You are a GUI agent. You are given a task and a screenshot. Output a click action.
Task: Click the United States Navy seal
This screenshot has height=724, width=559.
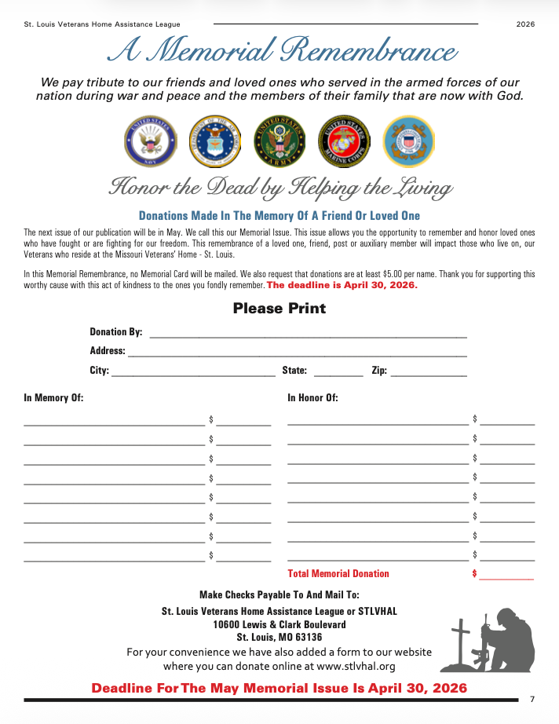(150, 142)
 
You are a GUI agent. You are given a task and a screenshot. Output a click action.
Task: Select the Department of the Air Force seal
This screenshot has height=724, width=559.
(214, 142)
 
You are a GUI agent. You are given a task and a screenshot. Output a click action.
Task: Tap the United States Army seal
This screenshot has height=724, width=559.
(279, 142)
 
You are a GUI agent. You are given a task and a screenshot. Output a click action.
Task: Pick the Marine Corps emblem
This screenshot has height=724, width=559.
(343, 142)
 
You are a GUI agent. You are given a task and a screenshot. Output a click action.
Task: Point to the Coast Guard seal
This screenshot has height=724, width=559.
(407, 142)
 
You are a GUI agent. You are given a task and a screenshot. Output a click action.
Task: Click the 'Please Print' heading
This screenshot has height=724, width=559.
(279, 308)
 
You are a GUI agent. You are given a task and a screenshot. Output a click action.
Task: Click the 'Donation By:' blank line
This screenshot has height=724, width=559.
(308, 335)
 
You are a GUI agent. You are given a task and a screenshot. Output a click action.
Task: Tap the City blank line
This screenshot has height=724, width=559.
(193, 375)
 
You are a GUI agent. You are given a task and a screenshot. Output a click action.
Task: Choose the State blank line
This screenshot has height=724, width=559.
(338, 375)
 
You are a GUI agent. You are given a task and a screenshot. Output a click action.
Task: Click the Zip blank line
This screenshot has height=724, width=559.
(429, 375)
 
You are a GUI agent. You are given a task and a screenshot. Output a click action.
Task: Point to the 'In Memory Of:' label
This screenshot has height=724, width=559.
(53, 397)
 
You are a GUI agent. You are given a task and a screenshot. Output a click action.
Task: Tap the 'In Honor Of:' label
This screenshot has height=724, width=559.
(312, 397)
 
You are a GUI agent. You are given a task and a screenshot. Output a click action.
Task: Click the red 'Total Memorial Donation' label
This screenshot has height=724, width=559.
(338, 573)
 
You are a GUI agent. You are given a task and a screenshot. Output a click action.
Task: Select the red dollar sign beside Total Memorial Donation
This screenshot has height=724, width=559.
(474, 573)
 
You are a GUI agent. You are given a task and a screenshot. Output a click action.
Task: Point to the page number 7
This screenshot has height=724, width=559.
(532, 699)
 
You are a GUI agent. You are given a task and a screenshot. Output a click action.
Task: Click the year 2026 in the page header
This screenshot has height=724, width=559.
(525, 24)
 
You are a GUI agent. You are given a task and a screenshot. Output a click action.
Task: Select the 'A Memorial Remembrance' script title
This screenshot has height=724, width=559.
(281, 51)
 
